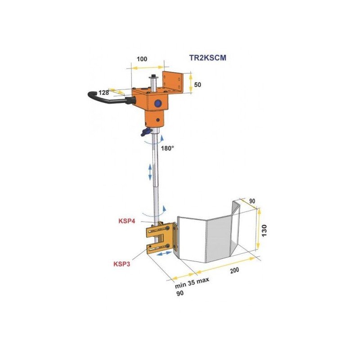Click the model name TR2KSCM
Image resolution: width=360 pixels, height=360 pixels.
coord(207,58)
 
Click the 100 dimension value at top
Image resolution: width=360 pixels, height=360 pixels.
coord(142,59)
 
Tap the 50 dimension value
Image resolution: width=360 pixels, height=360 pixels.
coord(198,85)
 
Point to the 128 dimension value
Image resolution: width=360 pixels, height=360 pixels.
coord(104,93)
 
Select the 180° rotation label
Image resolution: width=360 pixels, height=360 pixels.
coord(167,148)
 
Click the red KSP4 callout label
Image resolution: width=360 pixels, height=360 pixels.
coord(127,221)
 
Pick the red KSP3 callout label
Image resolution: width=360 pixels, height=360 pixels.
coord(121,264)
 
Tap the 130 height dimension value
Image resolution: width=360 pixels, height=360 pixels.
coord(264,231)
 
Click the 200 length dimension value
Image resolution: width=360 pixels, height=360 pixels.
coord(234,270)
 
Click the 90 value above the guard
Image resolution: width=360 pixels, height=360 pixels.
coord(252,201)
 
